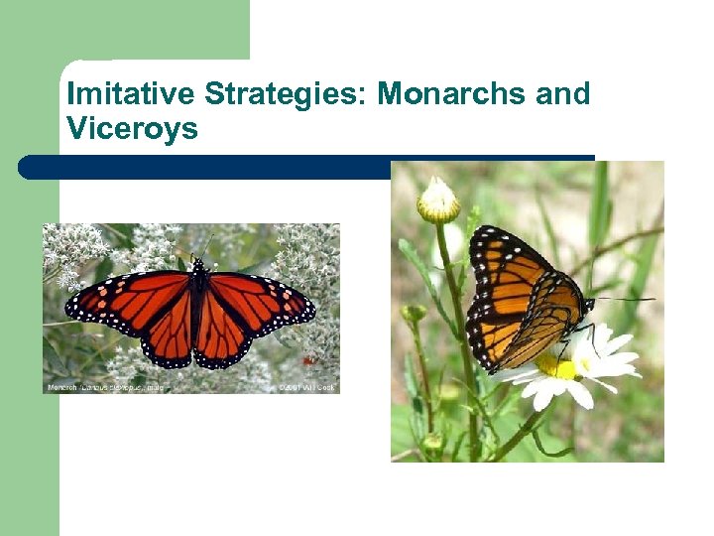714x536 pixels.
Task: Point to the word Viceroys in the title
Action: (x=132, y=128)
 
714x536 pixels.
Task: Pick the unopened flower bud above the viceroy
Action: (x=438, y=201)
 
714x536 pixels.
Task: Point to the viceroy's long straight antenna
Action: (x=625, y=299)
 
